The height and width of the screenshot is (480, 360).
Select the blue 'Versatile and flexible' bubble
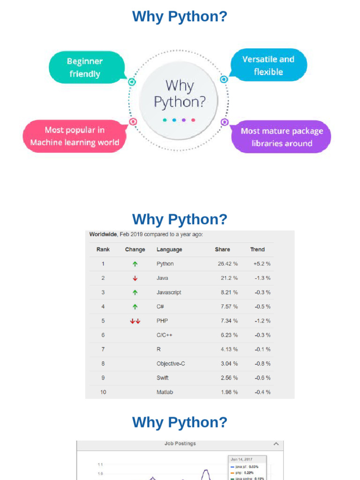pos(269,66)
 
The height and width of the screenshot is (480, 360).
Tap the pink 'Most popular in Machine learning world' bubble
pos(75,136)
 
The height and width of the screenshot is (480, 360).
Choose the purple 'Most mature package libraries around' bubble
pos(282,137)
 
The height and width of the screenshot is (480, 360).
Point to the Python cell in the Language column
pos(165,264)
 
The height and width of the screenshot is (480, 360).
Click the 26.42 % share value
pos(228,264)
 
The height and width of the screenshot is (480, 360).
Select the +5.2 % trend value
pos(262,264)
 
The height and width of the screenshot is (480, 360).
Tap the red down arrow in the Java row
pos(135,278)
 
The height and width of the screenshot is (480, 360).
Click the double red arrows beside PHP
pos(135,321)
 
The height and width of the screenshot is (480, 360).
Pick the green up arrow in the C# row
pos(135,307)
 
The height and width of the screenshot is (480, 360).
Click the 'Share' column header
pos(222,249)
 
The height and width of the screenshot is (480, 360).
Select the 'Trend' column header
pos(257,249)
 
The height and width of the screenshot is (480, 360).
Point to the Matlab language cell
pos(165,392)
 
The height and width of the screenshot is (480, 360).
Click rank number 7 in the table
pos(103,349)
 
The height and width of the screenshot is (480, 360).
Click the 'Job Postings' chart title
pos(180,443)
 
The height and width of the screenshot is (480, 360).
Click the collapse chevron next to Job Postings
pos(276,444)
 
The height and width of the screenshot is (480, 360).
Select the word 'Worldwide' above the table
pos(103,234)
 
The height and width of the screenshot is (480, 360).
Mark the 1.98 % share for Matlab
pos(229,392)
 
